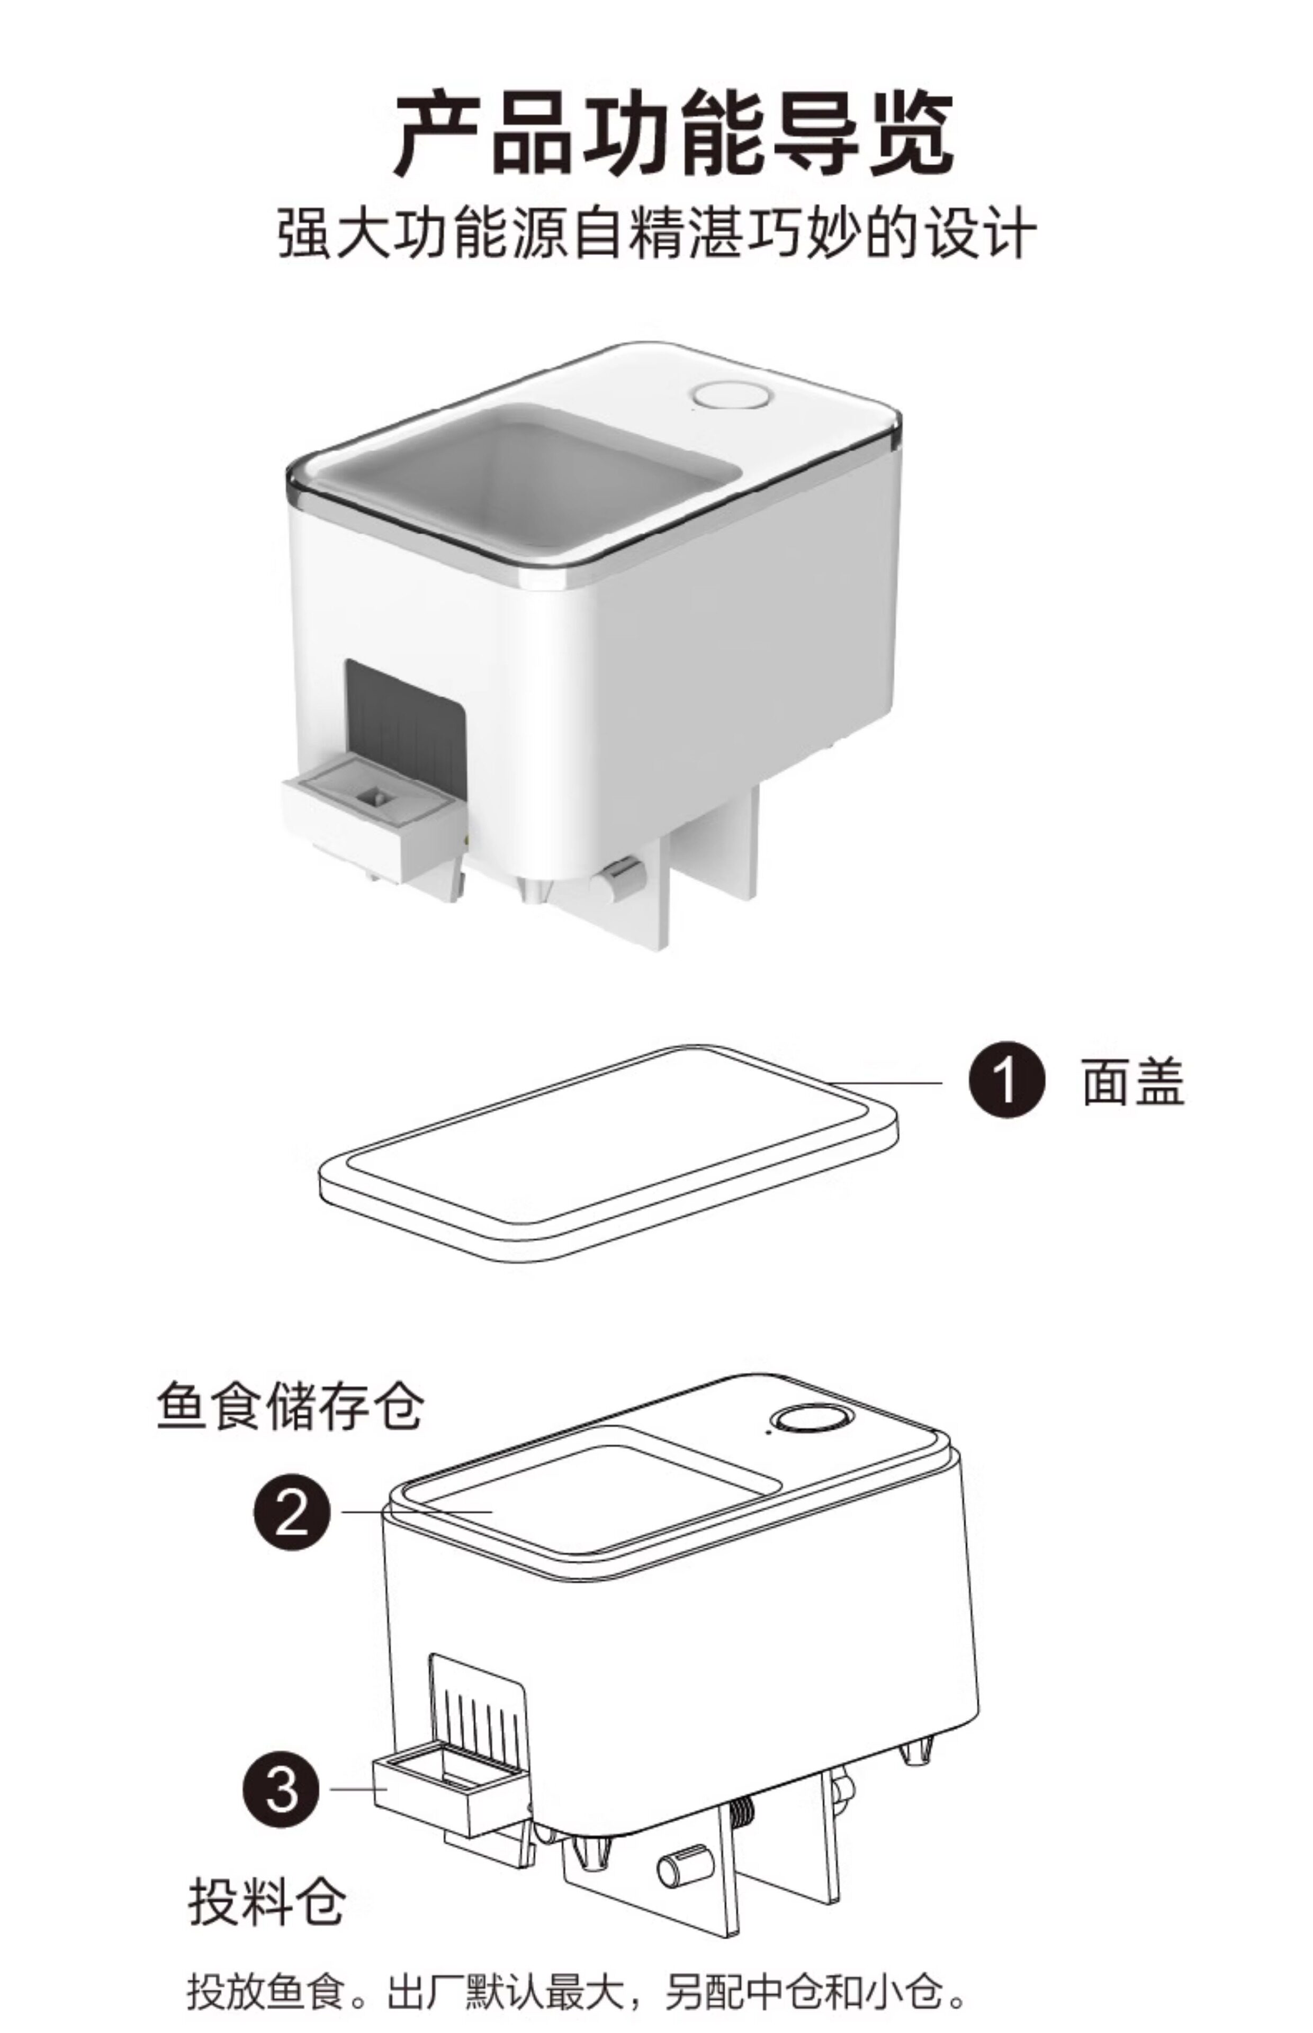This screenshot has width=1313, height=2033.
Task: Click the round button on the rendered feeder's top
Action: coord(732,397)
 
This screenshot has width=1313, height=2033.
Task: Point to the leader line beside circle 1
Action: coord(887,1083)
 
